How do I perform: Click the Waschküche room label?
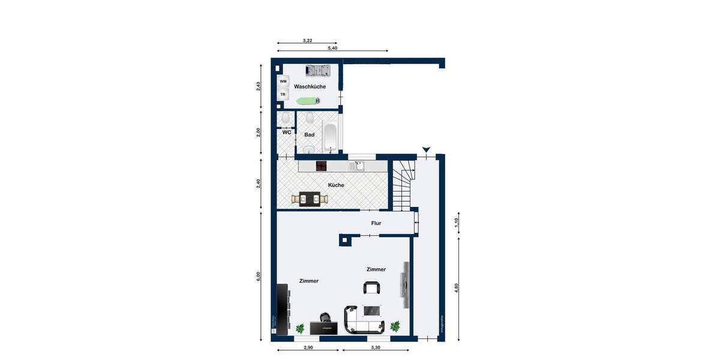point(310,87)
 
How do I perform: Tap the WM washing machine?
point(283,82)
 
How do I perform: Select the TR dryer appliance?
point(283,95)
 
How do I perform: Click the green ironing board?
point(308,101)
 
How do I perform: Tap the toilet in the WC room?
point(286,118)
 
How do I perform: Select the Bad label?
point(309,135)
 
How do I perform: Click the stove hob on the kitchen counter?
point(322,166)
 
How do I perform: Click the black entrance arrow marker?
point(426,149)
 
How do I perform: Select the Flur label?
point(376,224)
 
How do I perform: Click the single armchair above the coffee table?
point(372,288)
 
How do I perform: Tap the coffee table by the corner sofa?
point(372,310)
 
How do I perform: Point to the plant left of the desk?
point(300,328)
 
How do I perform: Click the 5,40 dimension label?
point(332,47)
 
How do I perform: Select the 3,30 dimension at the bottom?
point(376,348)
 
